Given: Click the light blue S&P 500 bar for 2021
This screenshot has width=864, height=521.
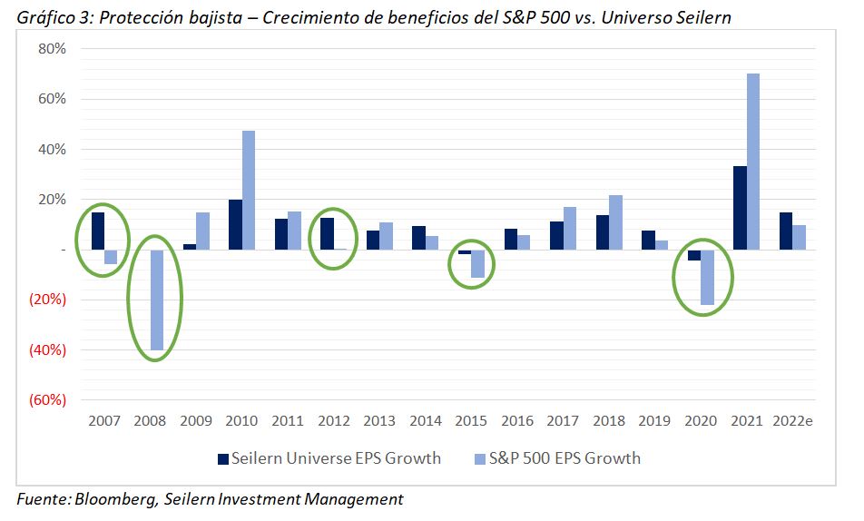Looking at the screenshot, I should pos(753,162).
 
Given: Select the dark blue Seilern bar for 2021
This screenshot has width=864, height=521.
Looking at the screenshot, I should pos(741,208).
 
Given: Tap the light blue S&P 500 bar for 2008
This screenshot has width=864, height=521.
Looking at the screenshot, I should pos(157,300).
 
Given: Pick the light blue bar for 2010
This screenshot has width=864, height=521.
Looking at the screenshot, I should pos(249,190).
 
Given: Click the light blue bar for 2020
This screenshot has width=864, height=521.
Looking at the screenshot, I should pos(706,277).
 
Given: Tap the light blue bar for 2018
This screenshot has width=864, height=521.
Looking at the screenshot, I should pos(616,222).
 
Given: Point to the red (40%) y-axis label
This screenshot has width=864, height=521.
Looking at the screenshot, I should pos(46,349).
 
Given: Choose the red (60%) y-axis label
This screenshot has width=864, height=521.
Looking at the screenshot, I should pos(46,399).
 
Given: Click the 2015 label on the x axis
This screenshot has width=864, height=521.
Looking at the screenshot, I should pos(470,421).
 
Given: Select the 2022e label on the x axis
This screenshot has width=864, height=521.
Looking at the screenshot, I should pos(793,421).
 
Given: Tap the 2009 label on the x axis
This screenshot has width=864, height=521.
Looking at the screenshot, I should pos(195,421).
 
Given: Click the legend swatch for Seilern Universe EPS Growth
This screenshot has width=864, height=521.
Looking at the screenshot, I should pos(222,458).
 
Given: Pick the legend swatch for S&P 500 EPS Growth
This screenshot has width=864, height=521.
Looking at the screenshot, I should pos(479,458).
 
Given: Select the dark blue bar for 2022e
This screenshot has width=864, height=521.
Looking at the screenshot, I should pos(786,231).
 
